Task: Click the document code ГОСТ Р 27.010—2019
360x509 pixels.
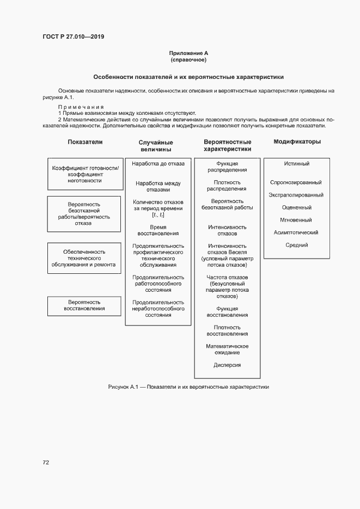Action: point(73,37)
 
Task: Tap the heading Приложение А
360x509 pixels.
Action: point(188,53)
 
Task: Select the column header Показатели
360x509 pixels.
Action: point(85,142)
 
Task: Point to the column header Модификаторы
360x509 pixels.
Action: point(297,142)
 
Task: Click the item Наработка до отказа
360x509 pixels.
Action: point(158,163)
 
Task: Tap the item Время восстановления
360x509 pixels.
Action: point(158,230)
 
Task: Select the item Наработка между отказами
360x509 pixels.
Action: point(158,187)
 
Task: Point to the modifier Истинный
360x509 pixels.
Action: point(297,164)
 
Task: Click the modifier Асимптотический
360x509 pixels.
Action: point(297,232)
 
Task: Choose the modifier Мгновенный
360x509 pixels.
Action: point(297,220)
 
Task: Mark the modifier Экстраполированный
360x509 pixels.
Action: point(297,195)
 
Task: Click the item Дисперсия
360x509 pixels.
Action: point(227,365)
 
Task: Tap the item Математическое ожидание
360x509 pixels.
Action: point(227,349)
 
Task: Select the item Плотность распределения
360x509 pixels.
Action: point(227,186)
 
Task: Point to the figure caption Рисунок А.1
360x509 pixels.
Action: point(188,387)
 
